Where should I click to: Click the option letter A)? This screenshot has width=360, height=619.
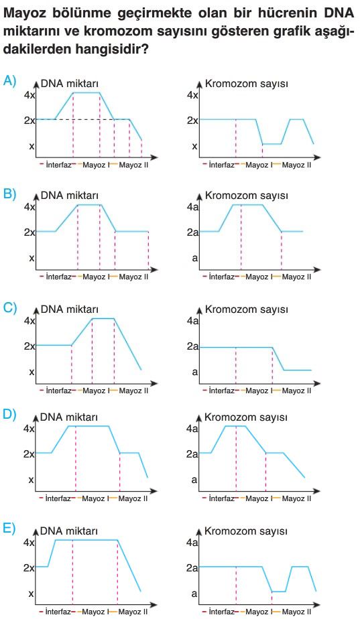pos(9,81)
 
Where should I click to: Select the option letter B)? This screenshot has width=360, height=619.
pos(9,194)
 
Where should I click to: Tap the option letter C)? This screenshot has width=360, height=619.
pos(9,308)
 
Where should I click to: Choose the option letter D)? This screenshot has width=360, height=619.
pos(9,415)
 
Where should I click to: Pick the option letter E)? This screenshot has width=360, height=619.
pos(9,529)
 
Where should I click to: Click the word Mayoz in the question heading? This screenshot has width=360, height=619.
pos(27,14)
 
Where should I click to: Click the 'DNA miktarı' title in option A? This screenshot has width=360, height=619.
pos(70,84)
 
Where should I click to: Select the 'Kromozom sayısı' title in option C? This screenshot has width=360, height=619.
pos(246,309)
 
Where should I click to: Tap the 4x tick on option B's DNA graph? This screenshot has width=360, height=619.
pos(29,207)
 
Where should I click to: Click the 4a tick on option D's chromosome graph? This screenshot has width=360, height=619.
pos(192,428)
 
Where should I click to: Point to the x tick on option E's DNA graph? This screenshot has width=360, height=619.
pos(32,594)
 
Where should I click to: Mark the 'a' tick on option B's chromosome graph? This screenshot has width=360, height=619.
pos(194,258)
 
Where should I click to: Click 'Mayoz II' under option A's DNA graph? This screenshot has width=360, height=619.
pos(133,165)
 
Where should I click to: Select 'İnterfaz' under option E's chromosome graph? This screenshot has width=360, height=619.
pos(222,612)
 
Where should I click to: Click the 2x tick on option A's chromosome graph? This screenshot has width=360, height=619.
pos(192,120)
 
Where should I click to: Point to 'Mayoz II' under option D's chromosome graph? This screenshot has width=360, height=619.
pos(296,498)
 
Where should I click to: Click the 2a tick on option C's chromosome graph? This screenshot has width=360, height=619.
pos(192,346)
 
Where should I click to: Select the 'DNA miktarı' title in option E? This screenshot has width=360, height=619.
pos(69,531)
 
